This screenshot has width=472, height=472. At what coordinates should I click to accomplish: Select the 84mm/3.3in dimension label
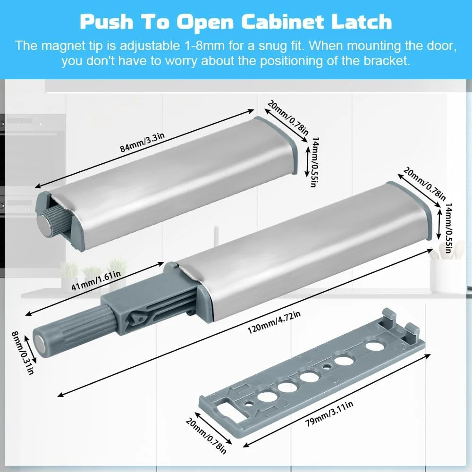(143, 143)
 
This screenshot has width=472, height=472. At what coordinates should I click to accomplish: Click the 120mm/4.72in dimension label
(274, 323)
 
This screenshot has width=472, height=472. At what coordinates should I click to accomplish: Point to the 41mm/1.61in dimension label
(96, 280)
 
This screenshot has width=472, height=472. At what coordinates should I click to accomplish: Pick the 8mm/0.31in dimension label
(22, 353)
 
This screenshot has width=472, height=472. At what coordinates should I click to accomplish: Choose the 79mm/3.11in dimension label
(329, 413)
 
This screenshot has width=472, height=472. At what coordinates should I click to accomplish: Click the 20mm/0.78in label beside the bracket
(206, 435)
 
